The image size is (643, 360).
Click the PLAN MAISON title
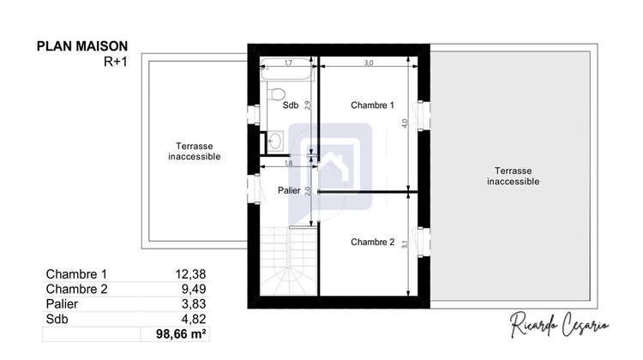pyautogui.click(x=83, y=46)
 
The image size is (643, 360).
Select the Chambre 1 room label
pyautogui.click(x=372, y=105)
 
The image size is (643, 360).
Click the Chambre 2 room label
pyautogui.click(x=372, y=243)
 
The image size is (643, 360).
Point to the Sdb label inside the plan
pyautogui.click(x=291, y=105)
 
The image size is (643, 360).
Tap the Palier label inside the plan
pyautogui.click(x=289, y=190)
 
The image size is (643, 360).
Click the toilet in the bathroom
pyautogui.click(x=274, y=92)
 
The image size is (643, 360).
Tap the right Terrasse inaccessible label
pyautogui.click(x=513, y=176)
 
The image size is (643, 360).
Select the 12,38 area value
pyautogui.click(x=189, y=273)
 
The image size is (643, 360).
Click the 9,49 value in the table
pyautogui.click(x=192, y=289)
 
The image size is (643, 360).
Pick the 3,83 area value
pyautogui.click(x=192, y=303)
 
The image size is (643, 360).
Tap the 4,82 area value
pyautogui.click(x=192, y=318)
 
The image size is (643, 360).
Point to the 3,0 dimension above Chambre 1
pyautogui.click(x=369, y=63)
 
